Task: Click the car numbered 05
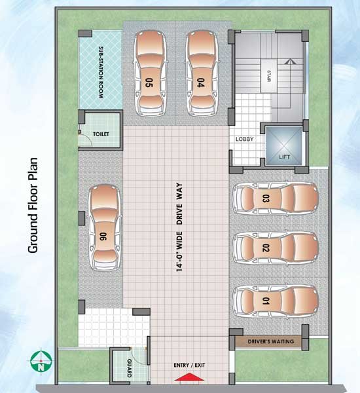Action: point(150,73)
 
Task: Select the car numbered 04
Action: point(202,73)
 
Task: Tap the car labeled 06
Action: point(105,227)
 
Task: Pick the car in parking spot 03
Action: point(276,198)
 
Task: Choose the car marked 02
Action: point(276,248)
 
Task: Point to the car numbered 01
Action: point(276,301)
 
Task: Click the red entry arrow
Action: point(189,377)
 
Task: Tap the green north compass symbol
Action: point(41,361)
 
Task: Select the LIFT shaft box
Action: point(284,145)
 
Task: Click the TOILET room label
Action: point(101,134)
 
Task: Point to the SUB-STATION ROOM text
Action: point(101,72)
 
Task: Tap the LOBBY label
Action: point(245,139)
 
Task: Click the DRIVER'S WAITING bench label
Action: point(271,341)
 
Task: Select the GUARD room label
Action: point(129,368)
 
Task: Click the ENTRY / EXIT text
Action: point(189,365)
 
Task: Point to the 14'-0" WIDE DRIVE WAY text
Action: point(179,227)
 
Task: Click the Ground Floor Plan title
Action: point(33,205)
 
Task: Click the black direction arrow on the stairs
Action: point(289,62)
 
